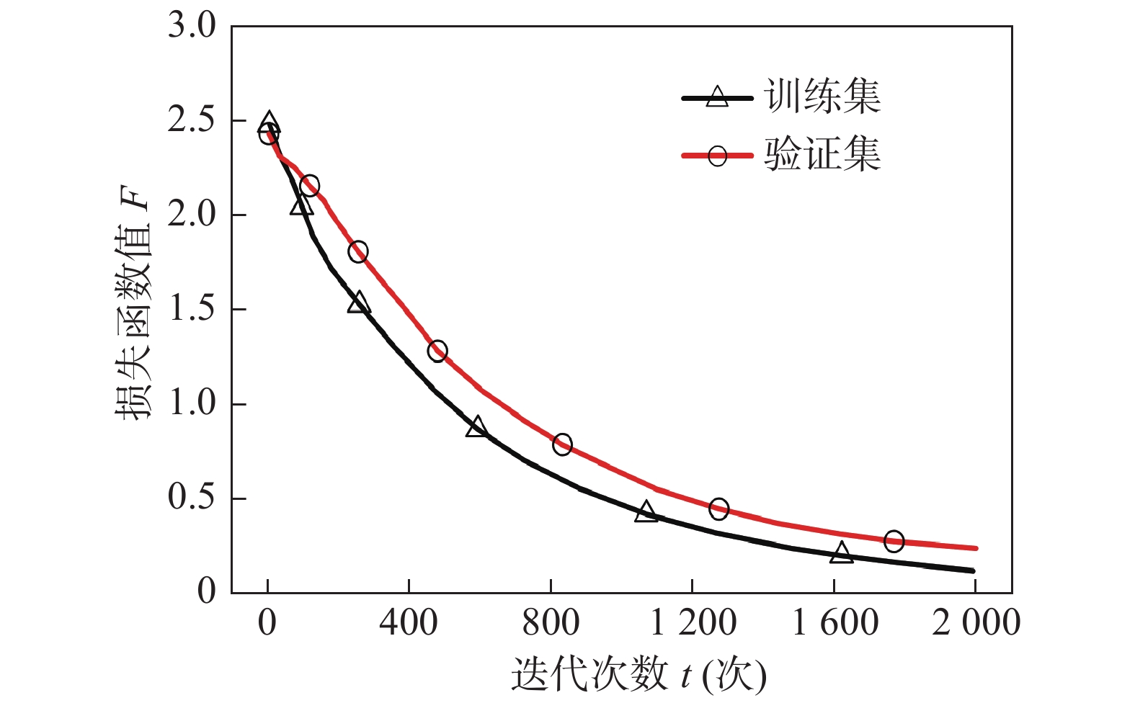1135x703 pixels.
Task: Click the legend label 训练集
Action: point(822,97)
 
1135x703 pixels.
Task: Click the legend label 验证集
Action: point(822,154)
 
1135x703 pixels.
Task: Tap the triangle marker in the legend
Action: point(717,97)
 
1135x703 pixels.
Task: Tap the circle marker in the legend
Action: point(717,155)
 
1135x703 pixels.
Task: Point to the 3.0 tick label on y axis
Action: point(192,26)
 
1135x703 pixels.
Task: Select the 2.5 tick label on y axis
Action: point(192,120)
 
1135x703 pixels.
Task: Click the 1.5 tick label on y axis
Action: point(192,309)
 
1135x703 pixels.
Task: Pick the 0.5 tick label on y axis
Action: point(192,498)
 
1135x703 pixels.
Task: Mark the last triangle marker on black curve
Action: point(841,553)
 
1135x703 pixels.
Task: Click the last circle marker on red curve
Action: point(894,541)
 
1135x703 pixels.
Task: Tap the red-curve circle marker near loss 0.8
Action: point(562,444)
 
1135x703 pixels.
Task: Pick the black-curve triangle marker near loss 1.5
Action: point(358,303)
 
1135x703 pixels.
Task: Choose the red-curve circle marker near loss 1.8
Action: point(358,251)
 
